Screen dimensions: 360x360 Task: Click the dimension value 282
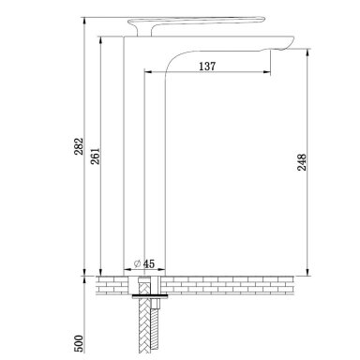point(79,146)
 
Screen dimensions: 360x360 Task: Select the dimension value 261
point(95,156)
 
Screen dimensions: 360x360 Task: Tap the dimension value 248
point(302,162)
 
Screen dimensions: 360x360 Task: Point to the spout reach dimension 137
point(207,67)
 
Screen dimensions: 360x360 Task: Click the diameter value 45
point(149,263)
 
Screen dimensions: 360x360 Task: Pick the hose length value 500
point(79,343)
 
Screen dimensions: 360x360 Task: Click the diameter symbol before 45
point(137,263)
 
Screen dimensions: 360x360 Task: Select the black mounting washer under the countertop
point(150,295)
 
